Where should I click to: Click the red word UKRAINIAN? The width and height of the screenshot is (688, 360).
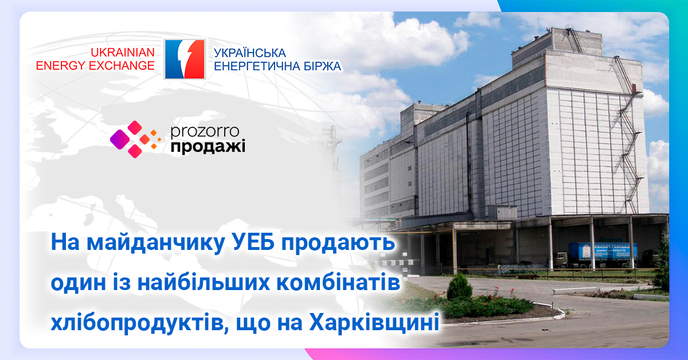[123, 53]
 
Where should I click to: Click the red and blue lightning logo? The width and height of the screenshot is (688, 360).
[185, 59]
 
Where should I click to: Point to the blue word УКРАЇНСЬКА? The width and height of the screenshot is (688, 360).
[250, 53]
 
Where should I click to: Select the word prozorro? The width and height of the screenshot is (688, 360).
[205, 132]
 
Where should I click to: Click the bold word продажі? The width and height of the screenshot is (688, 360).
[208, 147]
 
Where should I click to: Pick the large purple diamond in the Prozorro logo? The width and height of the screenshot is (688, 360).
[120, 139]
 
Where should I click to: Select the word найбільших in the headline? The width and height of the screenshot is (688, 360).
[204, 283]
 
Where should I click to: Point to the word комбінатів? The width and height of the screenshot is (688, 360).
[338, 283]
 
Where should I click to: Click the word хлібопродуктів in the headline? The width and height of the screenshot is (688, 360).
[140, 323]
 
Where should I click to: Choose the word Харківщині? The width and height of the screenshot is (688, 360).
[374, 323]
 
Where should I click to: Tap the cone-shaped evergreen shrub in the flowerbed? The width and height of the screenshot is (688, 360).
[459, 287]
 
